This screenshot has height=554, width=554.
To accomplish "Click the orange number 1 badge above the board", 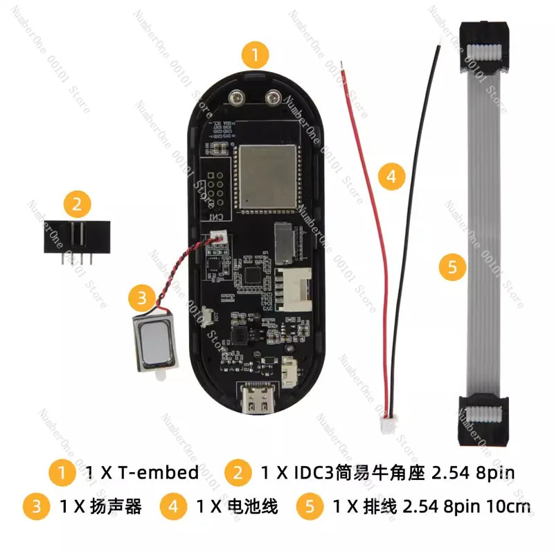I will pyautogui.click(x=256, y=53).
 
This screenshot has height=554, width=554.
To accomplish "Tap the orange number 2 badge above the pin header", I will pyautogui.click(x=77, y=204).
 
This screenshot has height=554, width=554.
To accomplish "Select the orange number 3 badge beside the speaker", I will pyautogui.click(x=141, y=298).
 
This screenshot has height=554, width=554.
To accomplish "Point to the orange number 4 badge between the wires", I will pyautogui.click(x=391, y=177).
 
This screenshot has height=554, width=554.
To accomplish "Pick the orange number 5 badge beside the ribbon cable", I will pyautogui.click(x=452, y=267).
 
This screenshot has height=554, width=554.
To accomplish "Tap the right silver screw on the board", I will pyautogui.click(x=274, y=99).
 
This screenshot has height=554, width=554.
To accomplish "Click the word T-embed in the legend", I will pyautogui.click(x=159, y=473).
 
